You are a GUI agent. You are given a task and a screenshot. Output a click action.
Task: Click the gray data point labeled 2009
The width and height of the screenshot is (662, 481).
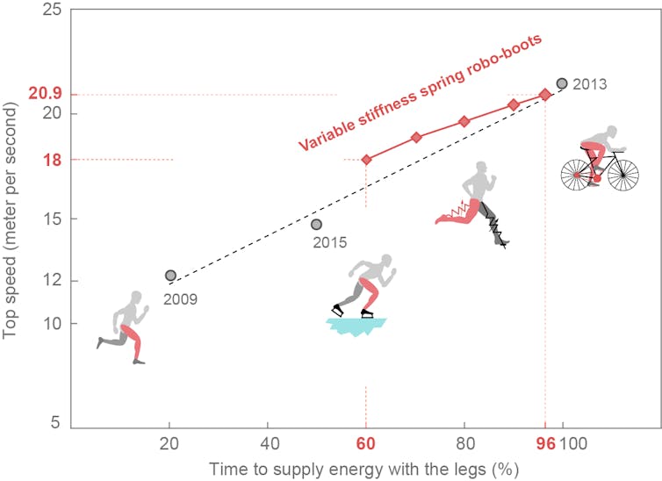pos(171,276)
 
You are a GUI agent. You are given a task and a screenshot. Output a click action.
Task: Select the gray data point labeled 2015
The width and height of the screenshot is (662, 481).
pos(316,225)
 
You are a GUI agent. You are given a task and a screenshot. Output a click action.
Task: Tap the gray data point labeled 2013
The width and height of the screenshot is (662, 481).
pos(562,83)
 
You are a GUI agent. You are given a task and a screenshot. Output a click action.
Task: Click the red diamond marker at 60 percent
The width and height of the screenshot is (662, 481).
pos(366,160)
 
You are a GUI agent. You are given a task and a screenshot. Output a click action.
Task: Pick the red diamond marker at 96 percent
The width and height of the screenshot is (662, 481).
pos(544,94)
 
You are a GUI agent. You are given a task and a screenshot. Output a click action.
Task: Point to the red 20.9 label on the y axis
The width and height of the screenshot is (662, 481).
pos(42,94)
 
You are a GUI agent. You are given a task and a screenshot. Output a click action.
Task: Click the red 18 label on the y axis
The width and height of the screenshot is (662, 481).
pos(51,160)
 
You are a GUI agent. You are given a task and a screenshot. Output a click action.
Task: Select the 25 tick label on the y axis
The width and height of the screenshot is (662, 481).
pos(51,11)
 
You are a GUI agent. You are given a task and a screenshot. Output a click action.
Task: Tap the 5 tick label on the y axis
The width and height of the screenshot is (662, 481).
pos(55,423)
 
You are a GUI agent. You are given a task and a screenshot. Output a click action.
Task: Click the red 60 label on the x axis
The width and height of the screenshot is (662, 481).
pos(366,444)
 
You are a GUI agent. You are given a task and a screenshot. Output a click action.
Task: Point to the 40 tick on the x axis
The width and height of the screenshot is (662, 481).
pos(269,444)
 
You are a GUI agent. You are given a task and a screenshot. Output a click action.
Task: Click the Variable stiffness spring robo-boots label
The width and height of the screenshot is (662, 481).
pos(421,93)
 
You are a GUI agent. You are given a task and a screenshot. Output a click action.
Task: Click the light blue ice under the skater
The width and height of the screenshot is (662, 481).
pos(356,327)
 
